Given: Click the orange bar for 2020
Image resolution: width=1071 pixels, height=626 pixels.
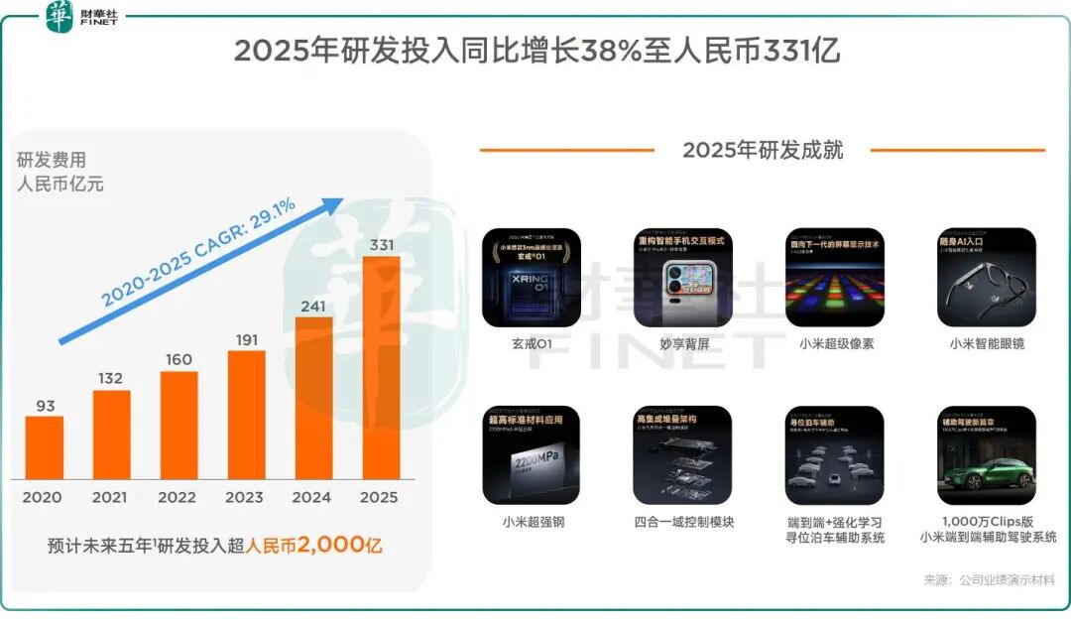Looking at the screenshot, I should (45, 447).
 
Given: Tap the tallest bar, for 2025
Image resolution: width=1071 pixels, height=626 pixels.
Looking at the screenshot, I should (382, 368).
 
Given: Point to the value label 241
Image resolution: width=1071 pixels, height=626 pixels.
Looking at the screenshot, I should (313, 307).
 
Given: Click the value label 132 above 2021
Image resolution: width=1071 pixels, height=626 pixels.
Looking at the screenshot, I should (111, 379).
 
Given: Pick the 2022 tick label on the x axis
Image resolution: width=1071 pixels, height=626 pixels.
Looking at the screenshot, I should (178, 497).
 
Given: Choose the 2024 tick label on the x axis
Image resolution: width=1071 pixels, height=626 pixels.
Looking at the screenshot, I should (312, 497).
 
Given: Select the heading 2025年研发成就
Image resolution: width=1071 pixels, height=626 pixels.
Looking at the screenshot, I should (763, 150).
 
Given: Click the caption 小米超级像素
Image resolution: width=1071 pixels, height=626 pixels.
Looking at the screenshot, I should (835, 344).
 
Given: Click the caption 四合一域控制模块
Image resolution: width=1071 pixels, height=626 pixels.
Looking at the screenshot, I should (683, 521).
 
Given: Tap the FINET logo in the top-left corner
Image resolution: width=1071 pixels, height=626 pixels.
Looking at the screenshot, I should (82, 17).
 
